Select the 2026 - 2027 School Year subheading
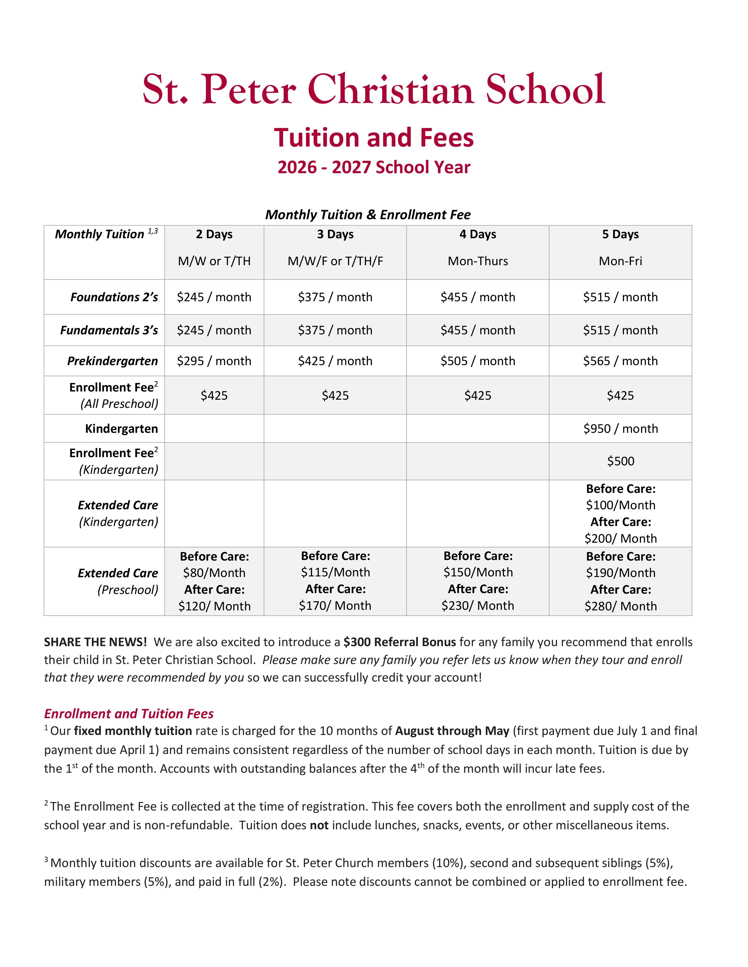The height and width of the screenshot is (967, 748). (x=373, y=167)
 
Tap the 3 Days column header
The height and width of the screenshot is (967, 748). (x=335, y=234)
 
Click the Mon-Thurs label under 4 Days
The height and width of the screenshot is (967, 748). (x=478, y=261)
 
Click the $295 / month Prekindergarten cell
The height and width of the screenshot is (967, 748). (x=214, y=361)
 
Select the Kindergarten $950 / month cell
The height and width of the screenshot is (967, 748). (x=620, y=429)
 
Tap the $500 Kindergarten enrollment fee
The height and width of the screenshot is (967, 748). (x=620, y=461)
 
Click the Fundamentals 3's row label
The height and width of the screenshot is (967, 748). (x=109, y=330)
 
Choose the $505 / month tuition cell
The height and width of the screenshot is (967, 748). (x=478, y=361)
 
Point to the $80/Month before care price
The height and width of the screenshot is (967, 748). (x=214, y=573)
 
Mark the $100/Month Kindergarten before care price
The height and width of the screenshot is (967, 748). (x=620, y=505)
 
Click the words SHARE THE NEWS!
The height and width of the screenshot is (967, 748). (x=95, y=642)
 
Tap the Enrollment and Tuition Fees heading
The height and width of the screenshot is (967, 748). (x=128, y=714)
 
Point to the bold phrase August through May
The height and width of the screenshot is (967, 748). (x=452, y=731)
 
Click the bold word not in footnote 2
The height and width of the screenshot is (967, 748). (x=319, y=825)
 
